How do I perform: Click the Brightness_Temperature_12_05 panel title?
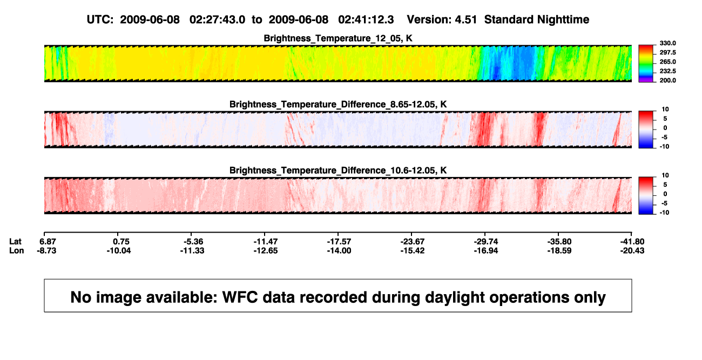338,38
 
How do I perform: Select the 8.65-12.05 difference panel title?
338,104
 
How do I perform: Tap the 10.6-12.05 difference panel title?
338,171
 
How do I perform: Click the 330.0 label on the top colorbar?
667,43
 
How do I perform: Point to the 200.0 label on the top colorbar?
667,80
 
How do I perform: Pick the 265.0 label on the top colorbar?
667,62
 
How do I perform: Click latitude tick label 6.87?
48,242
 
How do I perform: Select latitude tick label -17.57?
339,242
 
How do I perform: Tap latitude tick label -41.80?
632,242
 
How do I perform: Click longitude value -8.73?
46,250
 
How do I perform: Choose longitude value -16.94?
486,250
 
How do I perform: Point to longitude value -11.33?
192,250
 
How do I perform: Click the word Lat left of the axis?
15,242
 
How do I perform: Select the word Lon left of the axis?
17,250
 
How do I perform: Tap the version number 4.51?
465,19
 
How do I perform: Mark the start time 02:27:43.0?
217,19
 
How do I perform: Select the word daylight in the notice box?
454,298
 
